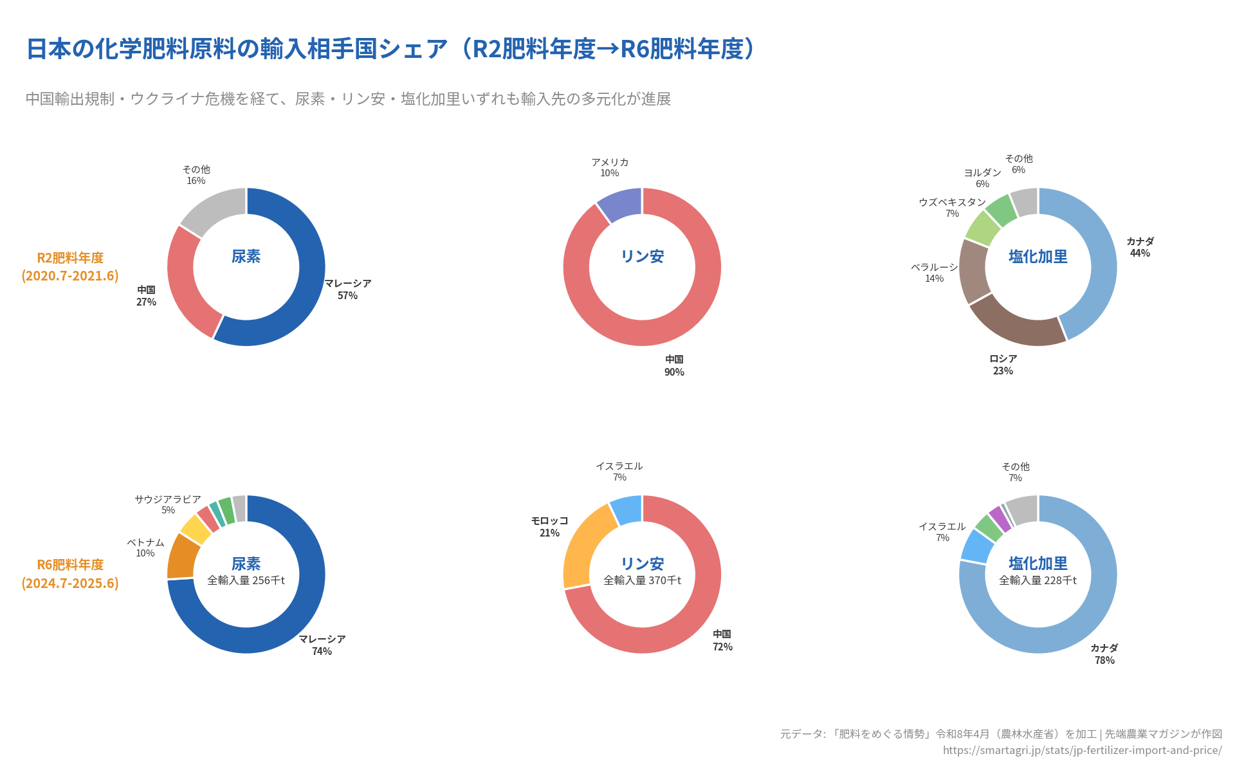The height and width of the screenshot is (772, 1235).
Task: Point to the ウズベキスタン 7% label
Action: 952,207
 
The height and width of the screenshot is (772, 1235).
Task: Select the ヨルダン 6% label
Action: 982,178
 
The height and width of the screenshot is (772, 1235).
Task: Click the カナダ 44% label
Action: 1140,247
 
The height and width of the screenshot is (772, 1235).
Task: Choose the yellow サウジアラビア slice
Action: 196,529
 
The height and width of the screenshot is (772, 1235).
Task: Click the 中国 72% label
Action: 722,640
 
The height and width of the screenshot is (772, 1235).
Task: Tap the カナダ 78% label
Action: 1104,654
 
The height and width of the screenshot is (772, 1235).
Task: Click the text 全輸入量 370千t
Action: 642,580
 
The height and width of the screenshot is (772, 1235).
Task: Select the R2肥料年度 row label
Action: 70,266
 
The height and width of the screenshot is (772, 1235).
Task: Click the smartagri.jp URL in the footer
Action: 1082,750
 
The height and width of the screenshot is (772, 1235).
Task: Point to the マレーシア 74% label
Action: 322,645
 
